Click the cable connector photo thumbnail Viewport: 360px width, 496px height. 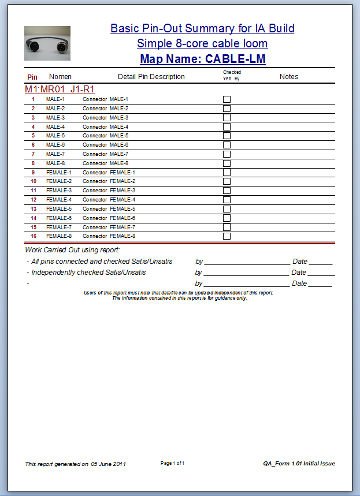47,43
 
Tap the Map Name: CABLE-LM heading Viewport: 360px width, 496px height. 202,59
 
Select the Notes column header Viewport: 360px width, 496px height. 289,76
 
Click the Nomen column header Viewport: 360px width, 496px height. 60,76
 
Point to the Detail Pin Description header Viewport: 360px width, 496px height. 151,76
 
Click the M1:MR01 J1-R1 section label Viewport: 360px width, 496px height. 60,89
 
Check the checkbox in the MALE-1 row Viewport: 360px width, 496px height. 227,99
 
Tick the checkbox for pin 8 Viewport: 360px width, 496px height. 227,163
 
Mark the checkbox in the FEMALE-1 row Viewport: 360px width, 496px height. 227,172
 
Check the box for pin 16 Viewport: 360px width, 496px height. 227,236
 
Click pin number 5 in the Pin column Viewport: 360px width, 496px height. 34,136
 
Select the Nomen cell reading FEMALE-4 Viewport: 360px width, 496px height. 59,200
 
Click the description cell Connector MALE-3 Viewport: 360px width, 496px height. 105,118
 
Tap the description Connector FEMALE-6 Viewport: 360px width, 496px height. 109,218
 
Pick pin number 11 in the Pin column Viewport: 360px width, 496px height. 34,191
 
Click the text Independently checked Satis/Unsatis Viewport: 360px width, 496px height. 88,273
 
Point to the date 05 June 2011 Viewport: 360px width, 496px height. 108,464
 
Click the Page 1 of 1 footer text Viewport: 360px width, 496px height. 172,463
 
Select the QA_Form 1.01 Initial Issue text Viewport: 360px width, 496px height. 299,464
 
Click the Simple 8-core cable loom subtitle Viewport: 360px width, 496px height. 202,43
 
